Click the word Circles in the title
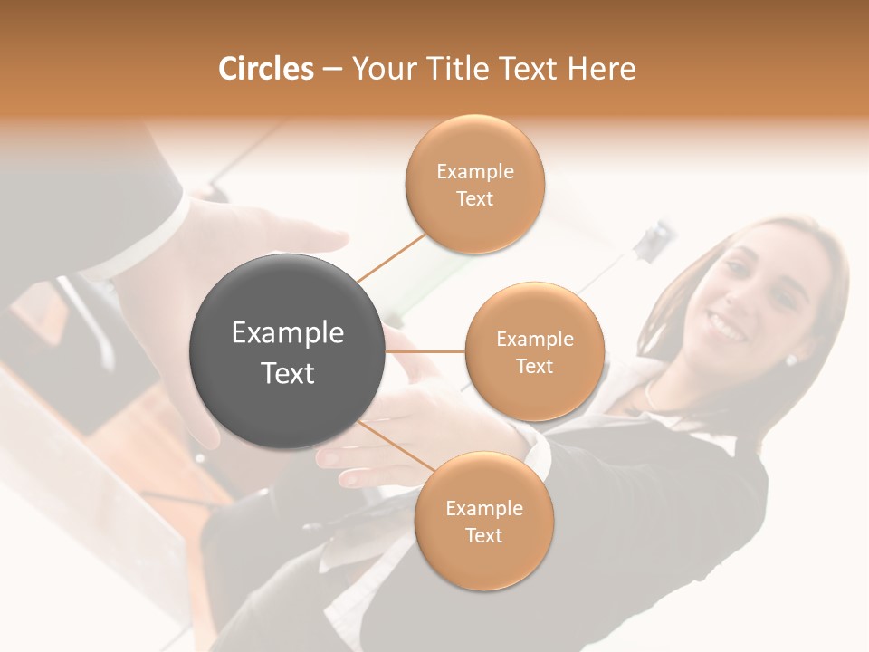[x=265, y=69]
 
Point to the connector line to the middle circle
[x=425, y=350]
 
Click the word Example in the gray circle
[x=288, y=333]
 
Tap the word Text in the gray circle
[x=288, y=373]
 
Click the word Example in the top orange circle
[x=475, y=171]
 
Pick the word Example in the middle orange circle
[x=535, y=339]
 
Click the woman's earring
[x=790, y=360]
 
